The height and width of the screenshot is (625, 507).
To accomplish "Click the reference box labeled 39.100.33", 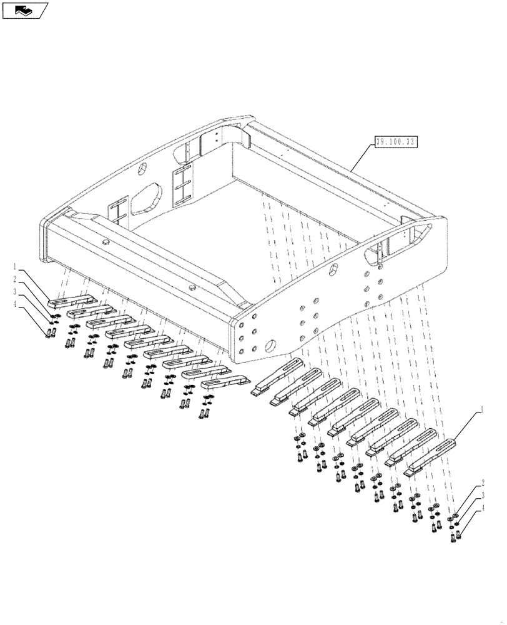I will click(395, 141).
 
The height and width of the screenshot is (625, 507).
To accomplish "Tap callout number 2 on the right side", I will click(482, 484).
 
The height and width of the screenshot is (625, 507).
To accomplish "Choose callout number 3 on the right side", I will click(482, 497).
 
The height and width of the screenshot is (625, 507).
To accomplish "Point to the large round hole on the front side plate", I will click(273, 345).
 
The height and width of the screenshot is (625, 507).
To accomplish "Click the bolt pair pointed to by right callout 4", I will click(455, 536).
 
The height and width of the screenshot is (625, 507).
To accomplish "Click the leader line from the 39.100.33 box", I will click(362, 157).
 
